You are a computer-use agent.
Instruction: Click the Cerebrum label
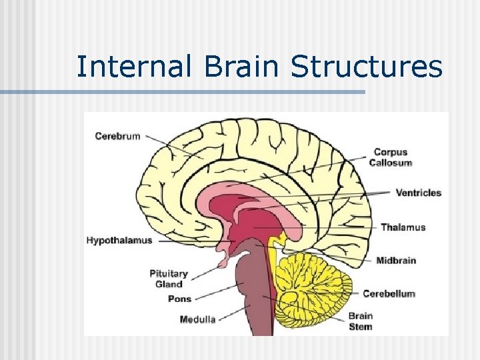click(x=117, y=136)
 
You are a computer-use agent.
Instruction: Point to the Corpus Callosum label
click(x=390, y=157)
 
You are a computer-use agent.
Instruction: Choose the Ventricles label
click(x=418, y=193)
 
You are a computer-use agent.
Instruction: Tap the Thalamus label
click(x=403, y=227)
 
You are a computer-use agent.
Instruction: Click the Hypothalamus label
click(x=119, y=240)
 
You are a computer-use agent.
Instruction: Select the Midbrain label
click(x=396, y=260)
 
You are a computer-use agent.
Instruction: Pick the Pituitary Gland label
click(x=169, y=279)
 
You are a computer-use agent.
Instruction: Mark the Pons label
click(x=179, y=299)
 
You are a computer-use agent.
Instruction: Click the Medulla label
click(x=197, y=319)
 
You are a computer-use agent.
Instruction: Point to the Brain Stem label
click(x=360, y=321)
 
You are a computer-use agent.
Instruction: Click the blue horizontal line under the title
click(x=183, y=92)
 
